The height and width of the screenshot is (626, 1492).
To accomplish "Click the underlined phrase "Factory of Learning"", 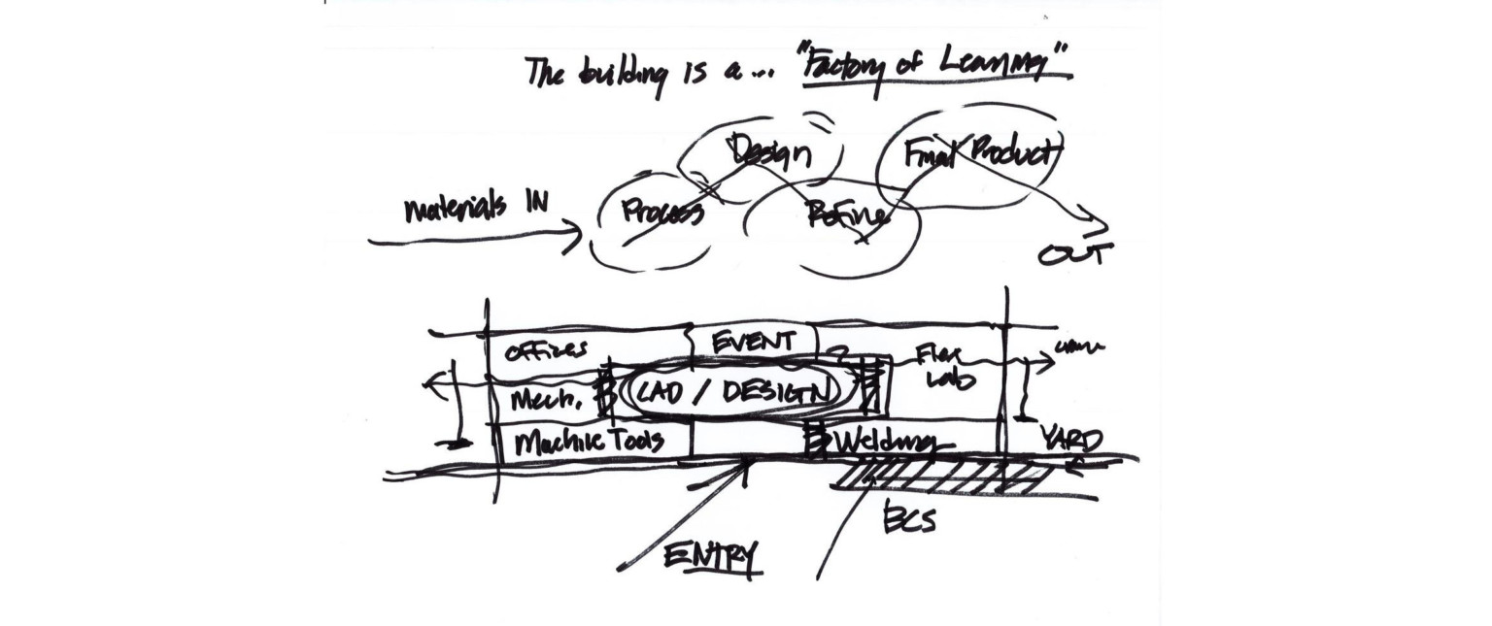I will [x=936, y=68].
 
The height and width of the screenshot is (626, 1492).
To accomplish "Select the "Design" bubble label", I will [x=769, y=151].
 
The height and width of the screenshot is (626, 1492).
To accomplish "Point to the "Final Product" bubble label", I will [x=982, y=153].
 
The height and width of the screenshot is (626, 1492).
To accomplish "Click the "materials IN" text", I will [x=475, y=206].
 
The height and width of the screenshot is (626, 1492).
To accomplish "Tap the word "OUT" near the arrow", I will [x=1074, y=254].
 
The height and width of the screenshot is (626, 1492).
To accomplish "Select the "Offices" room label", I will [x=546, y=351].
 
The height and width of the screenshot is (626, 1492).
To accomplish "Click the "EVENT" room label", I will [x=754, y=342].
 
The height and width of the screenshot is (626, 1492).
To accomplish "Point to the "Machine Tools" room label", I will [x=589, y=442].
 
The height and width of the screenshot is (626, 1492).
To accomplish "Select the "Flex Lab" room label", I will [x=942, y=369].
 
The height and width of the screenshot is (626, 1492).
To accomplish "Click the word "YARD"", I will [x=1071, y=440].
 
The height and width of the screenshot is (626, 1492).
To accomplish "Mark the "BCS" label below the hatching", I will [x=909, y=520].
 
